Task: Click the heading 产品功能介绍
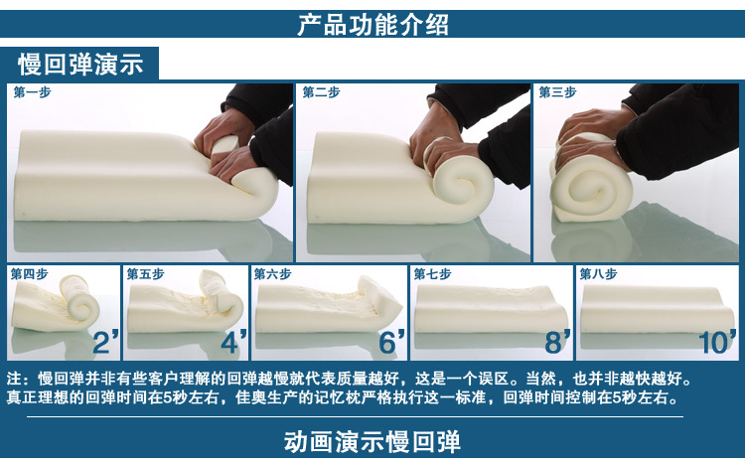click(x=372, y=25)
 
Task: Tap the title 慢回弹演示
click(x=80, y=65)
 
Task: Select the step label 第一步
click(x=33, y=92)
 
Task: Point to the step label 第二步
click(x=321, y=92)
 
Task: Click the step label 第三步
click(x=557, y=92)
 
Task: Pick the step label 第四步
click(x=30, y=274)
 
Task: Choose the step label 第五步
click(x=145, y=274)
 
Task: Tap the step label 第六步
click(x=273, y=274)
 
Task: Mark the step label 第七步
click(x=432, y=274)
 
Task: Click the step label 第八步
click(x=598, y=274)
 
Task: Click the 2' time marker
click(x=105, y=342)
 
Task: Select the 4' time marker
click(x=233, y=342)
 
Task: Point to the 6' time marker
click(x=392, y=342)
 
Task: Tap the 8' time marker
click(x=558, y=342)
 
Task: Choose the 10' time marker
click(x=717, y=342)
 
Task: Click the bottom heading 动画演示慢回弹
click(x=372, y=441)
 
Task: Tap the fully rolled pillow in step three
click(x=592, y=183)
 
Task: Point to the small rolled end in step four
click(x=79, y=303)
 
